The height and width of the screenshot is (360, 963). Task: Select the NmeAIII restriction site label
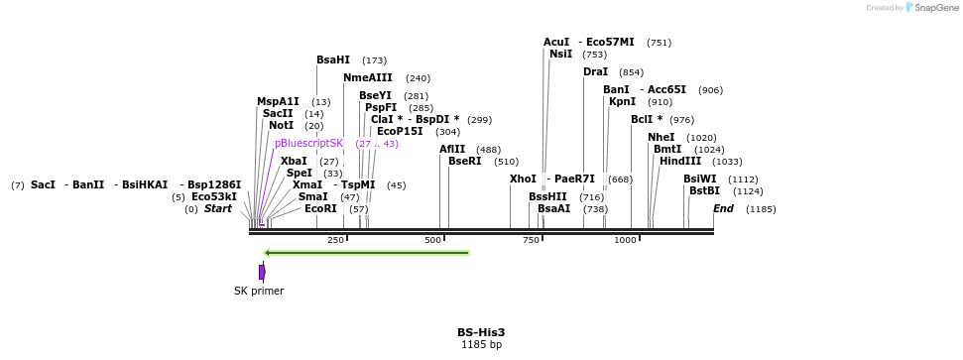[368, 77]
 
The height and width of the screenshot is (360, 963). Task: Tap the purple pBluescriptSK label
[308, 144]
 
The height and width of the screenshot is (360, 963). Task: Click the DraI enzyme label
[595, 72]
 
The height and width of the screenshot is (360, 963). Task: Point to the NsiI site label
[560, 55]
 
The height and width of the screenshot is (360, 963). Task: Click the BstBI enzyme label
[704, 190]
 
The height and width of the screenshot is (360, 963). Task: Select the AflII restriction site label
[452, 150]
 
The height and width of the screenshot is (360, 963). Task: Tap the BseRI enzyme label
[464, 161]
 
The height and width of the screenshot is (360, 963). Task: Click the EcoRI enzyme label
[320, 208]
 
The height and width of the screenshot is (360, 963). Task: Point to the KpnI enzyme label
[622, 101]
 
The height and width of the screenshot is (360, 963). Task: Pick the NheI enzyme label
[661, 137]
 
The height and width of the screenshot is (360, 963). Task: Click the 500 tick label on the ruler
[432, 240]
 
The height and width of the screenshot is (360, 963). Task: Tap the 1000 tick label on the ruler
[625, 240]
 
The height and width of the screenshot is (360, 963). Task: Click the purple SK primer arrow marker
[262, 272]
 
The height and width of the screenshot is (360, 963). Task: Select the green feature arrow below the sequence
[367, 253]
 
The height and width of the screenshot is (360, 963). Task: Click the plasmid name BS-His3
[481, 332]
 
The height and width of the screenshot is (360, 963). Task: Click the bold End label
[723, 208]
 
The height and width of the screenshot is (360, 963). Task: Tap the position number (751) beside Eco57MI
[659, 43]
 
